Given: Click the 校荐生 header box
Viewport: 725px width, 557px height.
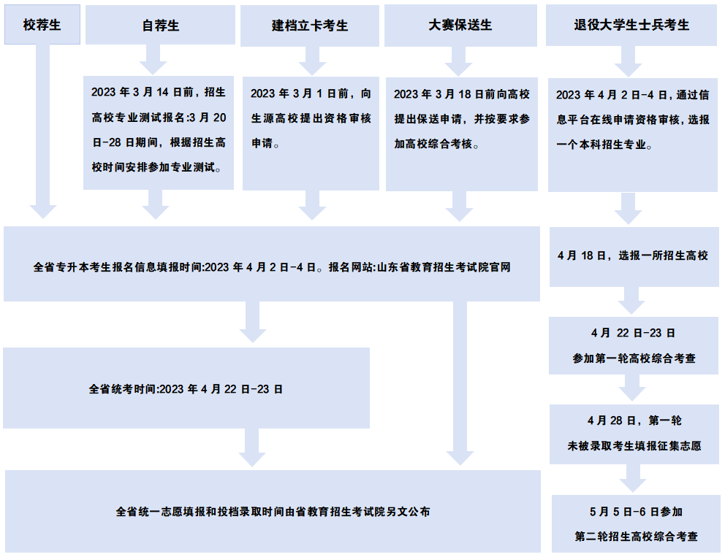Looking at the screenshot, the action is pyautogui.click(x=42, y=25).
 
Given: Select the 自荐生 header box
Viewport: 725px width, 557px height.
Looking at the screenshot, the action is pyautogui.click(x=161, y=25).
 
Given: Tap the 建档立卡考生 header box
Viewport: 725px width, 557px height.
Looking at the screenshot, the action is pyautogui.click(x=310, y=26).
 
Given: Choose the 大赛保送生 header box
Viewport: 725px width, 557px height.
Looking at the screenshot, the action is pyautogui.click(x=460, y=26).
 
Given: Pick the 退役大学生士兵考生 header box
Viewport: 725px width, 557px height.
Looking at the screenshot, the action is pyautogui.click(x=631, y=25).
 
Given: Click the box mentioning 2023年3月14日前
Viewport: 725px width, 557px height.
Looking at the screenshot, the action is pyautogui.click(x=159, y=133).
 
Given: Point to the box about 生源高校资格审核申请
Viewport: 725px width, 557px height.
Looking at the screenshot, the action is pyautogui.click(x=311, y=134).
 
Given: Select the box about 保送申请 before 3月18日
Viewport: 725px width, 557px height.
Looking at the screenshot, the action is pyautogui.click(x=462, y=134).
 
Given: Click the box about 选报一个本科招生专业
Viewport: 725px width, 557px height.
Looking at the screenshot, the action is pyautogui.click(x=633, y=135).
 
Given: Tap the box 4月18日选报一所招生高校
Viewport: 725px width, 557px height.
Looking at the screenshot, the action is pyautogui.click(x=634, y=257).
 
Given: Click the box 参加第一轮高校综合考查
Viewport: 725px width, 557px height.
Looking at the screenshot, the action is pyautogui.click(x=634, y=345).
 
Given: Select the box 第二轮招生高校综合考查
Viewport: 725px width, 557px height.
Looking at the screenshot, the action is pyautogui.click(x=636, y=523).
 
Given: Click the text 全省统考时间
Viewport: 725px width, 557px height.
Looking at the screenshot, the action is pyautogui.click(x=124, y=389).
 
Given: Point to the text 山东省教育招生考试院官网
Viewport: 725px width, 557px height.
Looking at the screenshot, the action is pyautogui.click(x=444, y=267).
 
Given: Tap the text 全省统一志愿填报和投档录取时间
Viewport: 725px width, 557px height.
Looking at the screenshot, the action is pyautogui.click(x=200, y=512).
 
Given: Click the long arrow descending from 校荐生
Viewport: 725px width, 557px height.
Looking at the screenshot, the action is pyautogui.click(x=43, y=131).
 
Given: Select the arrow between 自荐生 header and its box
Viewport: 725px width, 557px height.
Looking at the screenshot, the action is pyautogui.click(x=153, y=60).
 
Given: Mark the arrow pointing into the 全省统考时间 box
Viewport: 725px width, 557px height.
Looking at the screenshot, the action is pyautogui.click(x=252, y=322).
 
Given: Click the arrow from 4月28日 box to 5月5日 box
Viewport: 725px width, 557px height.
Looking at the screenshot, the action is pyautogui.click(x=633, y=478).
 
